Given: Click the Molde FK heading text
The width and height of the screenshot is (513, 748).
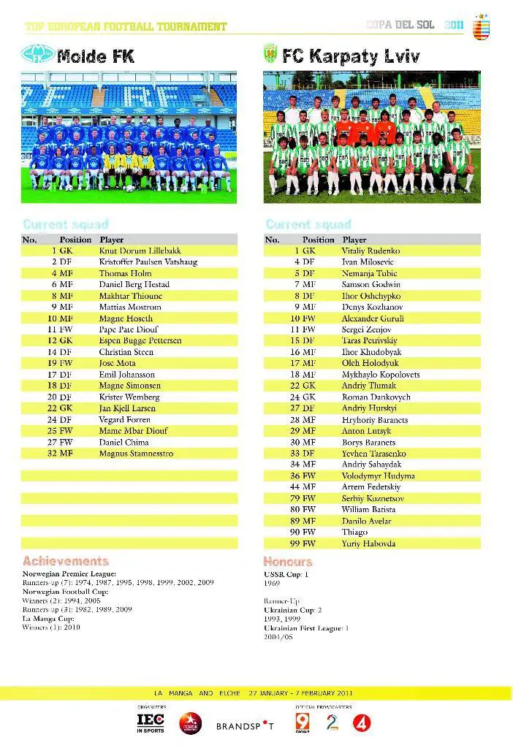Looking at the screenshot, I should [96, 55].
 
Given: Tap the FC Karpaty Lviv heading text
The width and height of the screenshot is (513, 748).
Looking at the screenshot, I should [341, 55].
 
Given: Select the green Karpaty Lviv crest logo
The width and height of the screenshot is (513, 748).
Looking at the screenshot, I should [270, 54].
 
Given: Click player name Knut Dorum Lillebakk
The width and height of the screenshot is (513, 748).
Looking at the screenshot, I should [139, 251].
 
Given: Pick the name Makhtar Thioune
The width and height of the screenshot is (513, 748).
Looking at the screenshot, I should [130, 296].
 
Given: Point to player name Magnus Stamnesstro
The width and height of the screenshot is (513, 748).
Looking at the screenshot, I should [136, 454].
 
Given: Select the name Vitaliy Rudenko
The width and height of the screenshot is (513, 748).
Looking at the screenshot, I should [370, 251].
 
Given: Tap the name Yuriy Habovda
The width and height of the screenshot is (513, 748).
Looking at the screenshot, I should [368, 543].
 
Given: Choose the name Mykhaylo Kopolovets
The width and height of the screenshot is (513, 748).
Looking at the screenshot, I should [380, 374].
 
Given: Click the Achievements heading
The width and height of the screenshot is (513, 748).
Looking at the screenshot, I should [66, 561].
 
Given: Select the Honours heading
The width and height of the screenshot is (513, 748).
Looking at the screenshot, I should [288, 562].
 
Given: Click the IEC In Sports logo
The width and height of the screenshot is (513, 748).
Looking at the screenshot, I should [151, 722].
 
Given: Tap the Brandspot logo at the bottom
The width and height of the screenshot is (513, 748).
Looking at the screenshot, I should [245, 726].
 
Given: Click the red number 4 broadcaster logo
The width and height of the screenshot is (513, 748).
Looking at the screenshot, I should [363, 723].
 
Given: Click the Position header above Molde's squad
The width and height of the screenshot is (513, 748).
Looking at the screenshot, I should [75, 240].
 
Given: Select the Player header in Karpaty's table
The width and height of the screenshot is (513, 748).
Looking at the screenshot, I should [354, 240].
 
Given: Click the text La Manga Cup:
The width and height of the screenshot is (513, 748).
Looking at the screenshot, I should [46, 618].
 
